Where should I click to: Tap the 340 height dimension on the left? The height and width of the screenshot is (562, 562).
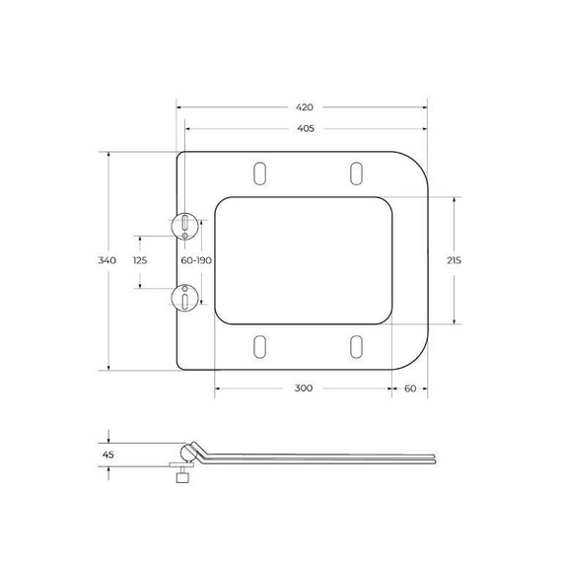tap(107, 260)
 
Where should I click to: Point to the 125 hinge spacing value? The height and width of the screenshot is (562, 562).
tap(139, 260)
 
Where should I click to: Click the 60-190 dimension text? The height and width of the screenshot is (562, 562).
tap(196, 260)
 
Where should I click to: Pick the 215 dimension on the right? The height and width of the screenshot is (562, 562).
tap(455, 260)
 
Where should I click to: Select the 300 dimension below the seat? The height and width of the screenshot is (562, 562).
tap(303, 387)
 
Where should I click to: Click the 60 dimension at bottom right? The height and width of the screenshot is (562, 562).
tap(409, 387)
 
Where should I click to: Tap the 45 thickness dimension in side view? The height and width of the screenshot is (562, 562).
tap(109, 456)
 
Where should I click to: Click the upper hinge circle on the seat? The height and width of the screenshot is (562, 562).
tap(184, 225)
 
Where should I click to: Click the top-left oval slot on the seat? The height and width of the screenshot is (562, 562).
tap(260, 171)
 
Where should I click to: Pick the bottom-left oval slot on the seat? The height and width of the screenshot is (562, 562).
tap(260, 346)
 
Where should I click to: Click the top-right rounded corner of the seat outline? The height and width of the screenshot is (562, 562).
tap(414, 165)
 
